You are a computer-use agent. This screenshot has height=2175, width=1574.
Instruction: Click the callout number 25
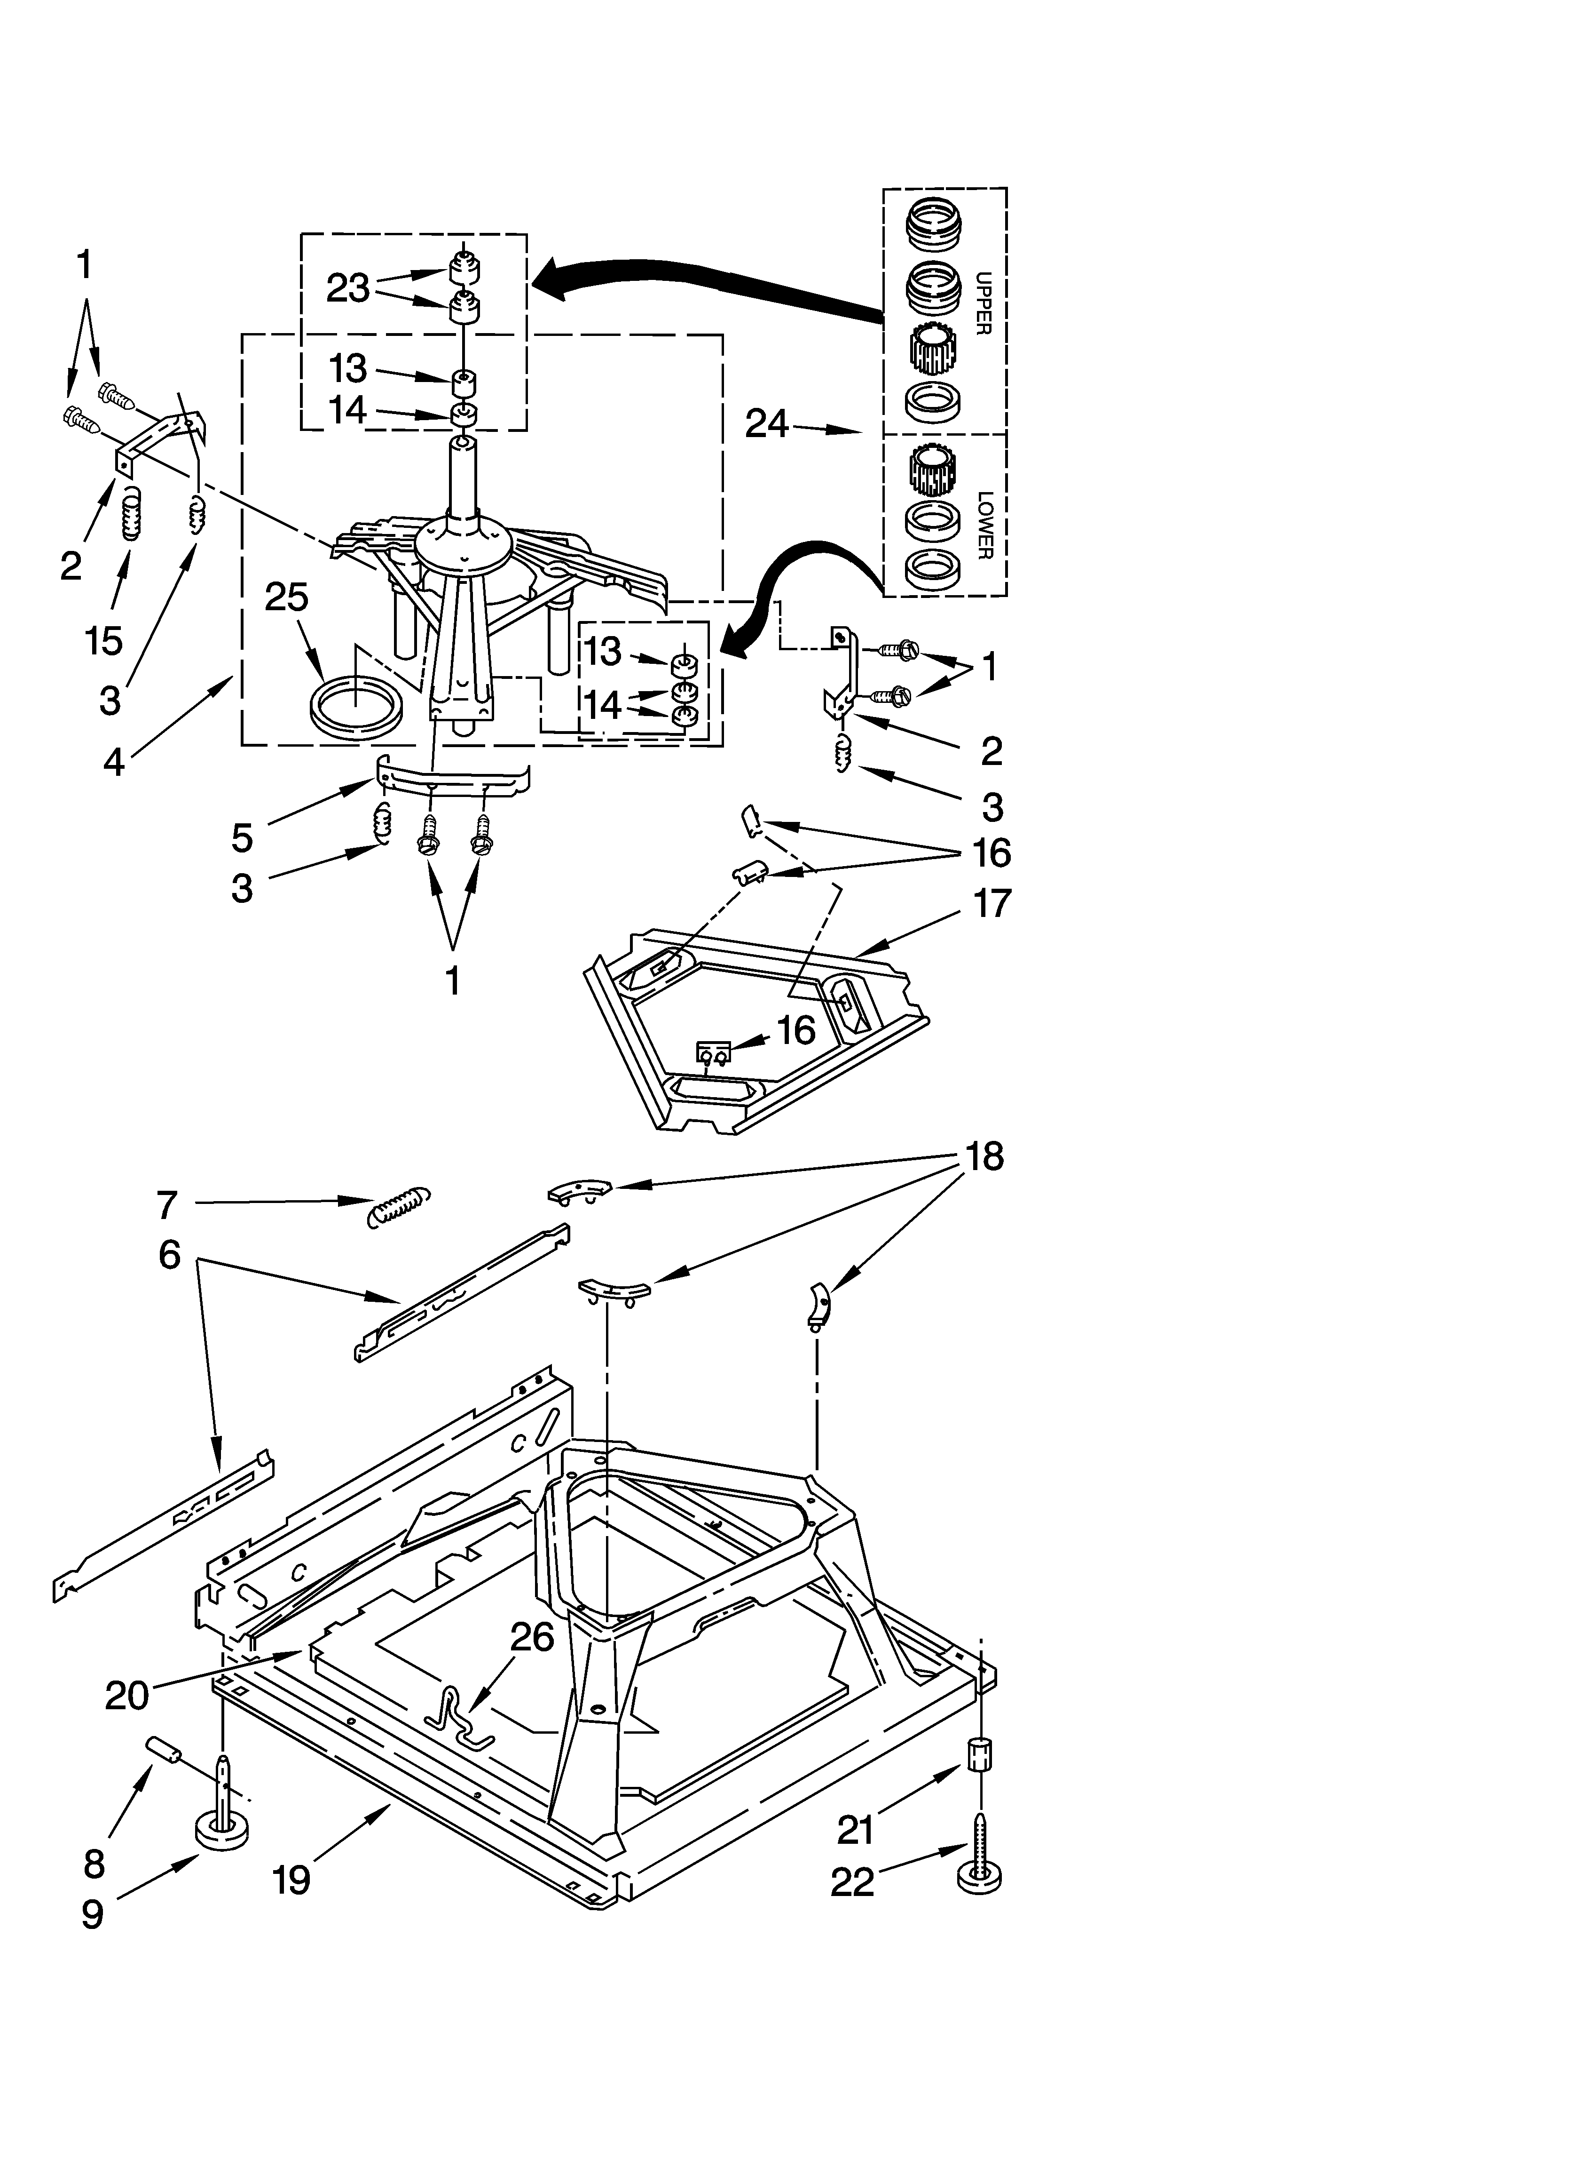(287, 598)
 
